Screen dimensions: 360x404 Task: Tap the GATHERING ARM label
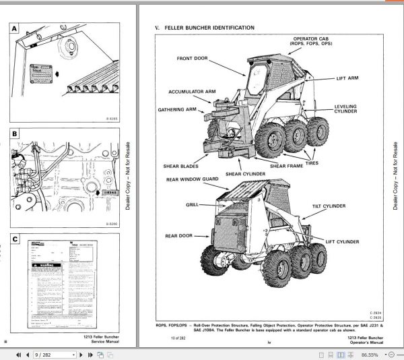(177, 109)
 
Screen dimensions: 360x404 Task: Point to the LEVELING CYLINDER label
(345, 109)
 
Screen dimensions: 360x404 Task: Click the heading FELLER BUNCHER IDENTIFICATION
(210, 28)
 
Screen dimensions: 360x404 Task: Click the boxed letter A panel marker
(15, 29)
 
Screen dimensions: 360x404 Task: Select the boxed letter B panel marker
(15, 134)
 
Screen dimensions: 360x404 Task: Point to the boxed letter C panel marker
(15, 239)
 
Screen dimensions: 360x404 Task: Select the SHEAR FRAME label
(288, 165)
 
